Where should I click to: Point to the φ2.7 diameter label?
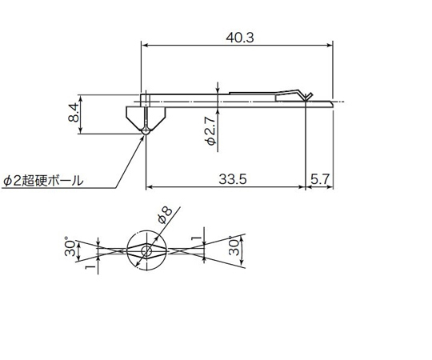(210, 130)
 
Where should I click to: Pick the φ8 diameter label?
(166, 214)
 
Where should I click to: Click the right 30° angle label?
(233, 246)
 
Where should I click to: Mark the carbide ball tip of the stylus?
(146, 132)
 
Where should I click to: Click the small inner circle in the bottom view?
(146, 251)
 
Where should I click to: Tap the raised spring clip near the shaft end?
(296, 94)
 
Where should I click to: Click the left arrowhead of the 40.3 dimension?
(145, 46)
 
